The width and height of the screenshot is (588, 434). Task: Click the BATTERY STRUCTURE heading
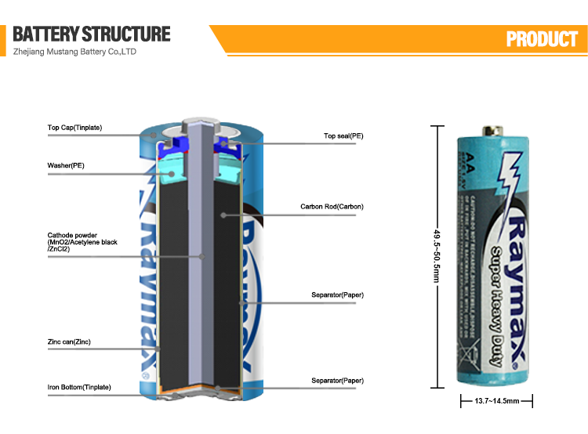point(92,34)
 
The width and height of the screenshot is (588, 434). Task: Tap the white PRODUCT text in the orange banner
point(541,39)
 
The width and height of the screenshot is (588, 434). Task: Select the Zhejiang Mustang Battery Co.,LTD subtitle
point(75,52)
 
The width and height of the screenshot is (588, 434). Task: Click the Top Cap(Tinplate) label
point(74,127)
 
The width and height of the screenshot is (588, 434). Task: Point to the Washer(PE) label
point(66,165)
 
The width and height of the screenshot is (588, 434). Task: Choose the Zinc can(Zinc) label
point(69,342)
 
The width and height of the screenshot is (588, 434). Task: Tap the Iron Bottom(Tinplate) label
point(79,387)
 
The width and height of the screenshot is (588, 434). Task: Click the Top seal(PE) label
point(343,136)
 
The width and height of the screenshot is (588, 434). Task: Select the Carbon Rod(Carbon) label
point(332,207)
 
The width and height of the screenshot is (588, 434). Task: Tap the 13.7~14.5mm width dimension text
point(496,401)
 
